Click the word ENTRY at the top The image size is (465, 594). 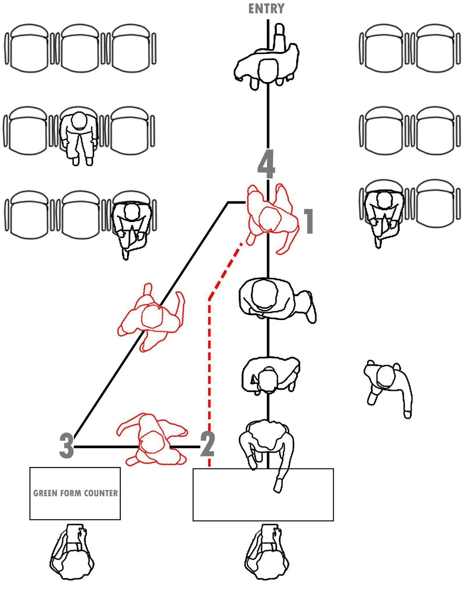tap(266, 9)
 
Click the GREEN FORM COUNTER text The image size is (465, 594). tap(75, 493)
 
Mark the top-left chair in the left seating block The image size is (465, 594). tap(29, 48)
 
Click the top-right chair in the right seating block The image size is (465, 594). tap(435, 48)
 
